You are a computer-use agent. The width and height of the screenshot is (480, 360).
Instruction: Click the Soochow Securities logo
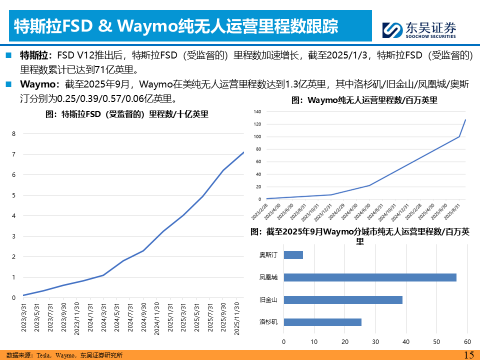click(x=419, y=29)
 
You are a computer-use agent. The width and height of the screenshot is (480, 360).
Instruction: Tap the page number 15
click(x=468, y=354)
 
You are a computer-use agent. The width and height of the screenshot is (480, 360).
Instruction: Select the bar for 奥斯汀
click(x=293, y=255)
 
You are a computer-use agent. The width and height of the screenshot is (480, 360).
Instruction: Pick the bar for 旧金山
click(x=342, y=300)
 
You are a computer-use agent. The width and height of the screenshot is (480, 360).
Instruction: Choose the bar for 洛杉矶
click(x=322, y=322)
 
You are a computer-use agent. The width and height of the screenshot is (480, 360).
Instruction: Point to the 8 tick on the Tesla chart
click(x=14, y=134)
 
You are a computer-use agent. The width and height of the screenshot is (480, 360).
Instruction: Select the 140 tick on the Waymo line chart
click(x=258, y=111)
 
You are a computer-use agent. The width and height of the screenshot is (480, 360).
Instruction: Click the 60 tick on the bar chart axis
click(x=467, y=342)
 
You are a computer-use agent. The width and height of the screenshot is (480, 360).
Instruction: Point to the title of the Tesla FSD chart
click(x=127, y=114)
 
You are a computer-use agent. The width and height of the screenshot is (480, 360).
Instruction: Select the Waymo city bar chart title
click(x=359, y=236)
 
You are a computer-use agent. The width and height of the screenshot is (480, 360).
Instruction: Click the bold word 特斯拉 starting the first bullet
click(x=33, y=55)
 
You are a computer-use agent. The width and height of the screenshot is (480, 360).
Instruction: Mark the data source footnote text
click(x=65, y=355)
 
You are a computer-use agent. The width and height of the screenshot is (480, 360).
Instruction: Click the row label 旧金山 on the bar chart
click(x=268, y=300)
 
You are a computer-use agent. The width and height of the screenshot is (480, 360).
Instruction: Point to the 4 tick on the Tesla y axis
click(x=14, y=216)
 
